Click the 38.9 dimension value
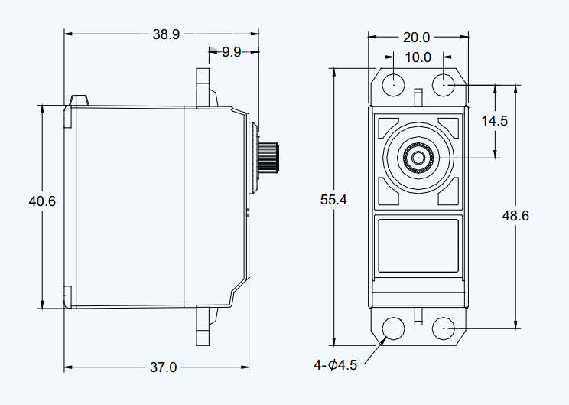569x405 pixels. coord(166,34)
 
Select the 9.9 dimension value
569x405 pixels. coord(232,52)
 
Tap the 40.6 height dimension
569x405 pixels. coord(42,201)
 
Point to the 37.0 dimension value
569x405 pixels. coord(164,367)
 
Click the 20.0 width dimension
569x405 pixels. coord(417,37)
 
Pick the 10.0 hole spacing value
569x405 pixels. coord(418,57)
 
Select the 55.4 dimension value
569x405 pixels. coord(333,199)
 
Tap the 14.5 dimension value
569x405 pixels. coord(495,121)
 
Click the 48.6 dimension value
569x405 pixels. coord(515,216)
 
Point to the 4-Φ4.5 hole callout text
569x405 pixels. coord(336,364)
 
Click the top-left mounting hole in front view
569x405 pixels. coord(394,85)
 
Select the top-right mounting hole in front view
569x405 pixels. coord(444,85)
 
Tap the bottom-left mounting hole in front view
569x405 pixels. coord(394,328)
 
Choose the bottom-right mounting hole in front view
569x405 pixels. coord(444,328)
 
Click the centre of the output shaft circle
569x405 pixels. coord(418,158)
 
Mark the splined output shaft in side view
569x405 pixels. coord(268,157)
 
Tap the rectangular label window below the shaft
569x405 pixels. coord(418,246)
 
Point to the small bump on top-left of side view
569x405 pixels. coord(79,100)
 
